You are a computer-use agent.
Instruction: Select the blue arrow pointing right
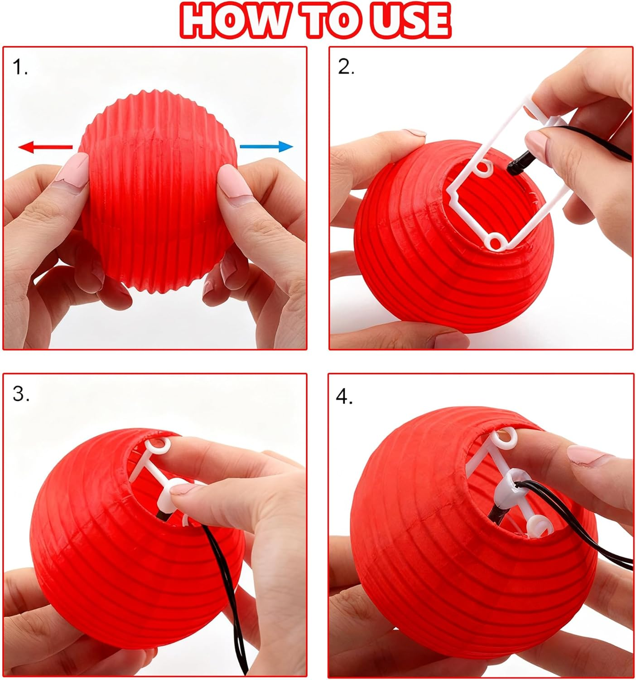click(x=266, y=146)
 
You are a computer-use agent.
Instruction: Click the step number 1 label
click(x=20, y=68)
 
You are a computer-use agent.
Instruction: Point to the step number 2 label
click(x=346, y=68)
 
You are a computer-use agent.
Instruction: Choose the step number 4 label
click(x=344, y=397)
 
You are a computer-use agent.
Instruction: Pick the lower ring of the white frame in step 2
click(x=496, y=241)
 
